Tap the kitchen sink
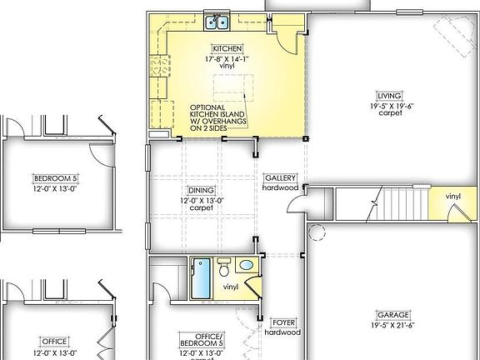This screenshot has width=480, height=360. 218,22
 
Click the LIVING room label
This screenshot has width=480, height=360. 389,95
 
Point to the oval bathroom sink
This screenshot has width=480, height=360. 245,266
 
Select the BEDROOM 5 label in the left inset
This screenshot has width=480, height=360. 55,177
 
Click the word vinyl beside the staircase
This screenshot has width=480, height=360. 452,197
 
